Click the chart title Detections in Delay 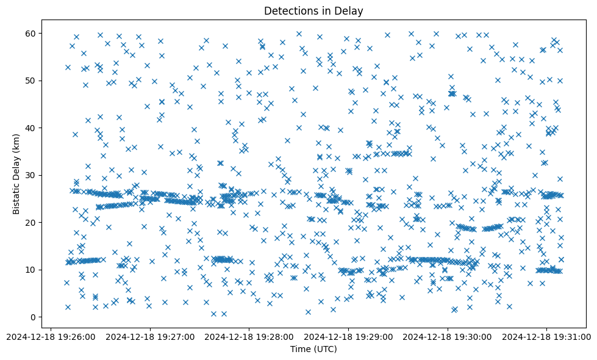(x=313, y=11)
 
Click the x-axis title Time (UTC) (x=313, y=350)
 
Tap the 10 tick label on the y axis (x=30, y=270)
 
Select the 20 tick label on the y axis (x=30, y=222)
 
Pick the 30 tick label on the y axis (x=30, y=175)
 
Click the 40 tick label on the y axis (x=30, y=128)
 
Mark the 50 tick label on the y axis (x=30, y=81)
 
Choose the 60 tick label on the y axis (x=30, y=33)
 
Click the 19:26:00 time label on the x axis (x=51, y=336)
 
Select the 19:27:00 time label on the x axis (x=151, y=336)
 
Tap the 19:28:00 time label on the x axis (x=249, y=336)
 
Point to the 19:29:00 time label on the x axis (x=349, y=336)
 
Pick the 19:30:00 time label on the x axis (x=448, y=336)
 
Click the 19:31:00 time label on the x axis (x=547, y=336)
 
